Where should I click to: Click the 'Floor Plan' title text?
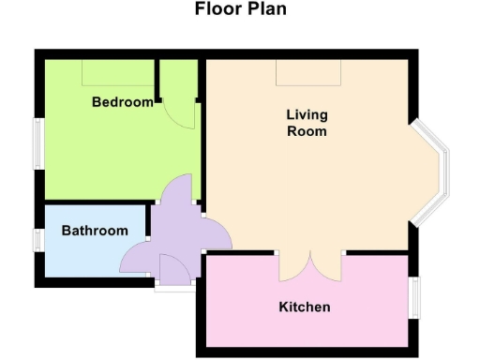[x=240, y=10]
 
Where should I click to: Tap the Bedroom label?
[x=122, y=101]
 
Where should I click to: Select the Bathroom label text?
[x=95, y=231]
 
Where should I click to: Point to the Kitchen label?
[x=305, y=307]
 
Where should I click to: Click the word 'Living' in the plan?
[x=307, y=115]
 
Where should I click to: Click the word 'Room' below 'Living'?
[x=307, y=131]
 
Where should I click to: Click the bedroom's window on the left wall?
[x=38, y=145]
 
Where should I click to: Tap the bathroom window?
[x=38, y=240]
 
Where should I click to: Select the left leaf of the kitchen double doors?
[x=293, y=267]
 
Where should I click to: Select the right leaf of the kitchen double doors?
[x=331, y=267]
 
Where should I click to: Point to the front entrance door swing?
[x=174, y=270]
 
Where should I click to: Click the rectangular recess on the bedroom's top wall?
[x=117, y=71]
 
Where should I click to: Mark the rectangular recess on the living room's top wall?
[x=307, y=74]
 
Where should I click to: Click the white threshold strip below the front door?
[x=174, y=287]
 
